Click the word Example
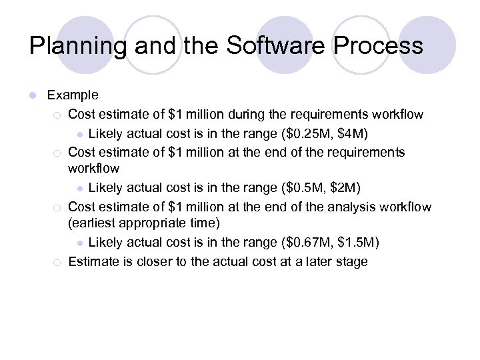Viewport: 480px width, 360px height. pos(73,95)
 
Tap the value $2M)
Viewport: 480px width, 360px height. pos(341,188)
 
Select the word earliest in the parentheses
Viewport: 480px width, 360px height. pos(95,222)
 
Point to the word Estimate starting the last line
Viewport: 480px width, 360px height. pos(94,261)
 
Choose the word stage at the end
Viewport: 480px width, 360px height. pos(351,261)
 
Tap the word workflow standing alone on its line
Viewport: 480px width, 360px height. pos(94,168)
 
